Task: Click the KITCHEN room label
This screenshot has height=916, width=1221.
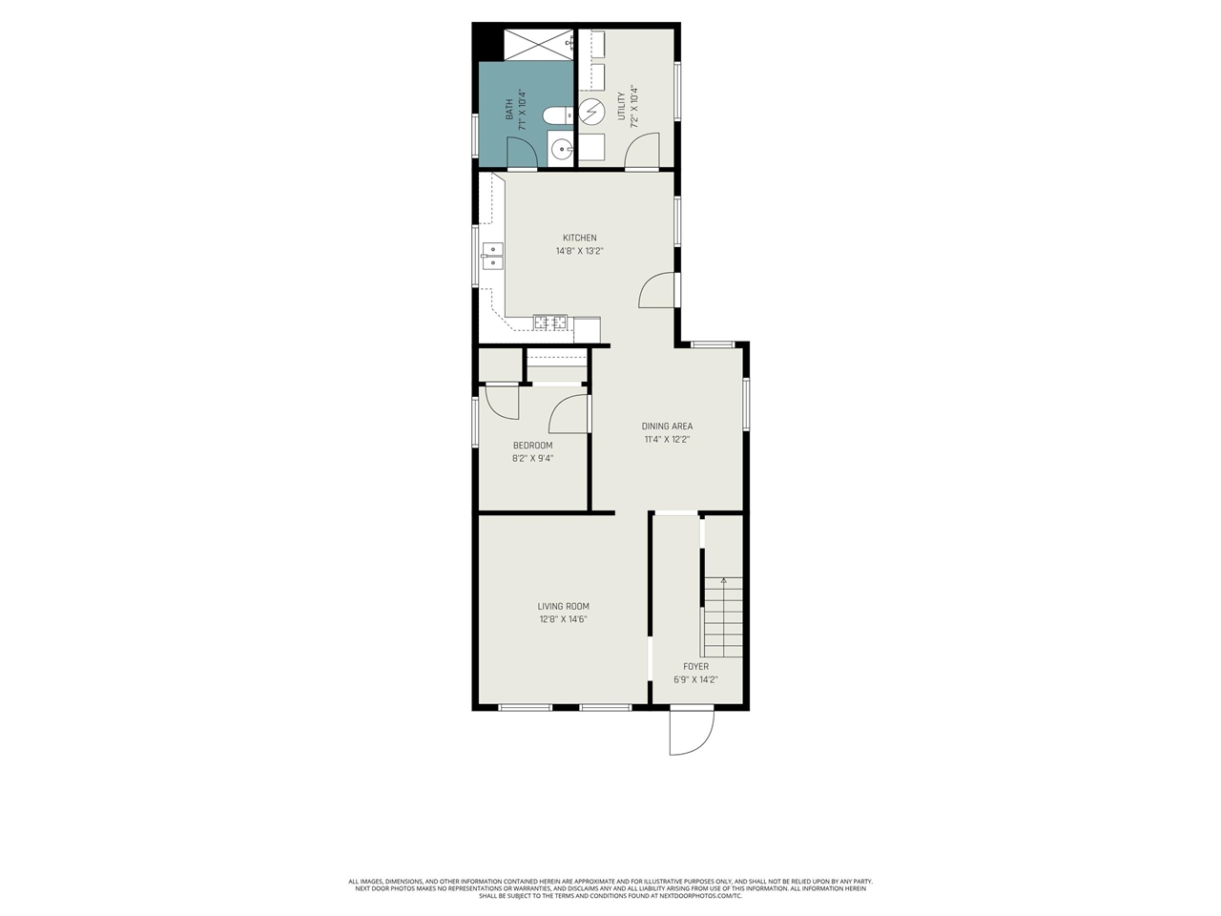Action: click(x=579, y=238)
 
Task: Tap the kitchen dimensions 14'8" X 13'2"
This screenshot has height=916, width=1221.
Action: click(x=579, y=252)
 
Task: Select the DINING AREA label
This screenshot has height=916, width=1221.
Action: click(x=667, y=427)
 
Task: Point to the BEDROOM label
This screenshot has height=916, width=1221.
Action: click(x=532, y=446)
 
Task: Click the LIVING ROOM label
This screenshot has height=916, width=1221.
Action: click(x=563, y=606)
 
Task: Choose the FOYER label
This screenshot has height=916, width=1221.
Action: click(x=695, y=666)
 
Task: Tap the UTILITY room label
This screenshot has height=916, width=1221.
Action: click(x=621, y=106)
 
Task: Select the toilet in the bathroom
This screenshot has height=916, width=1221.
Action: click(x=556, y=115)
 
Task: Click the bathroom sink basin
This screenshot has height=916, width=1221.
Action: click(x=561, y=148)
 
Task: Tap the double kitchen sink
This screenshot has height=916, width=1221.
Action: click(x=492, y=257)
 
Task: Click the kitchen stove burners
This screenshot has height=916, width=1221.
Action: click(x=550, y=323)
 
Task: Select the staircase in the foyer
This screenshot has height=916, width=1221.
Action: click(x=724, y=618)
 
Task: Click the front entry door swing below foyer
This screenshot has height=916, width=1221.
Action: click(x=691, y=732)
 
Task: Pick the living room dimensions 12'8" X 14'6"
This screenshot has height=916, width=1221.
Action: click(x=563, y=619)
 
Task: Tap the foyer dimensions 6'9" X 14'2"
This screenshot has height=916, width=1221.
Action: click(x=695, y=680)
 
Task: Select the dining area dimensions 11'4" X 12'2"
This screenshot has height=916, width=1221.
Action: click(x=667, y=440)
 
